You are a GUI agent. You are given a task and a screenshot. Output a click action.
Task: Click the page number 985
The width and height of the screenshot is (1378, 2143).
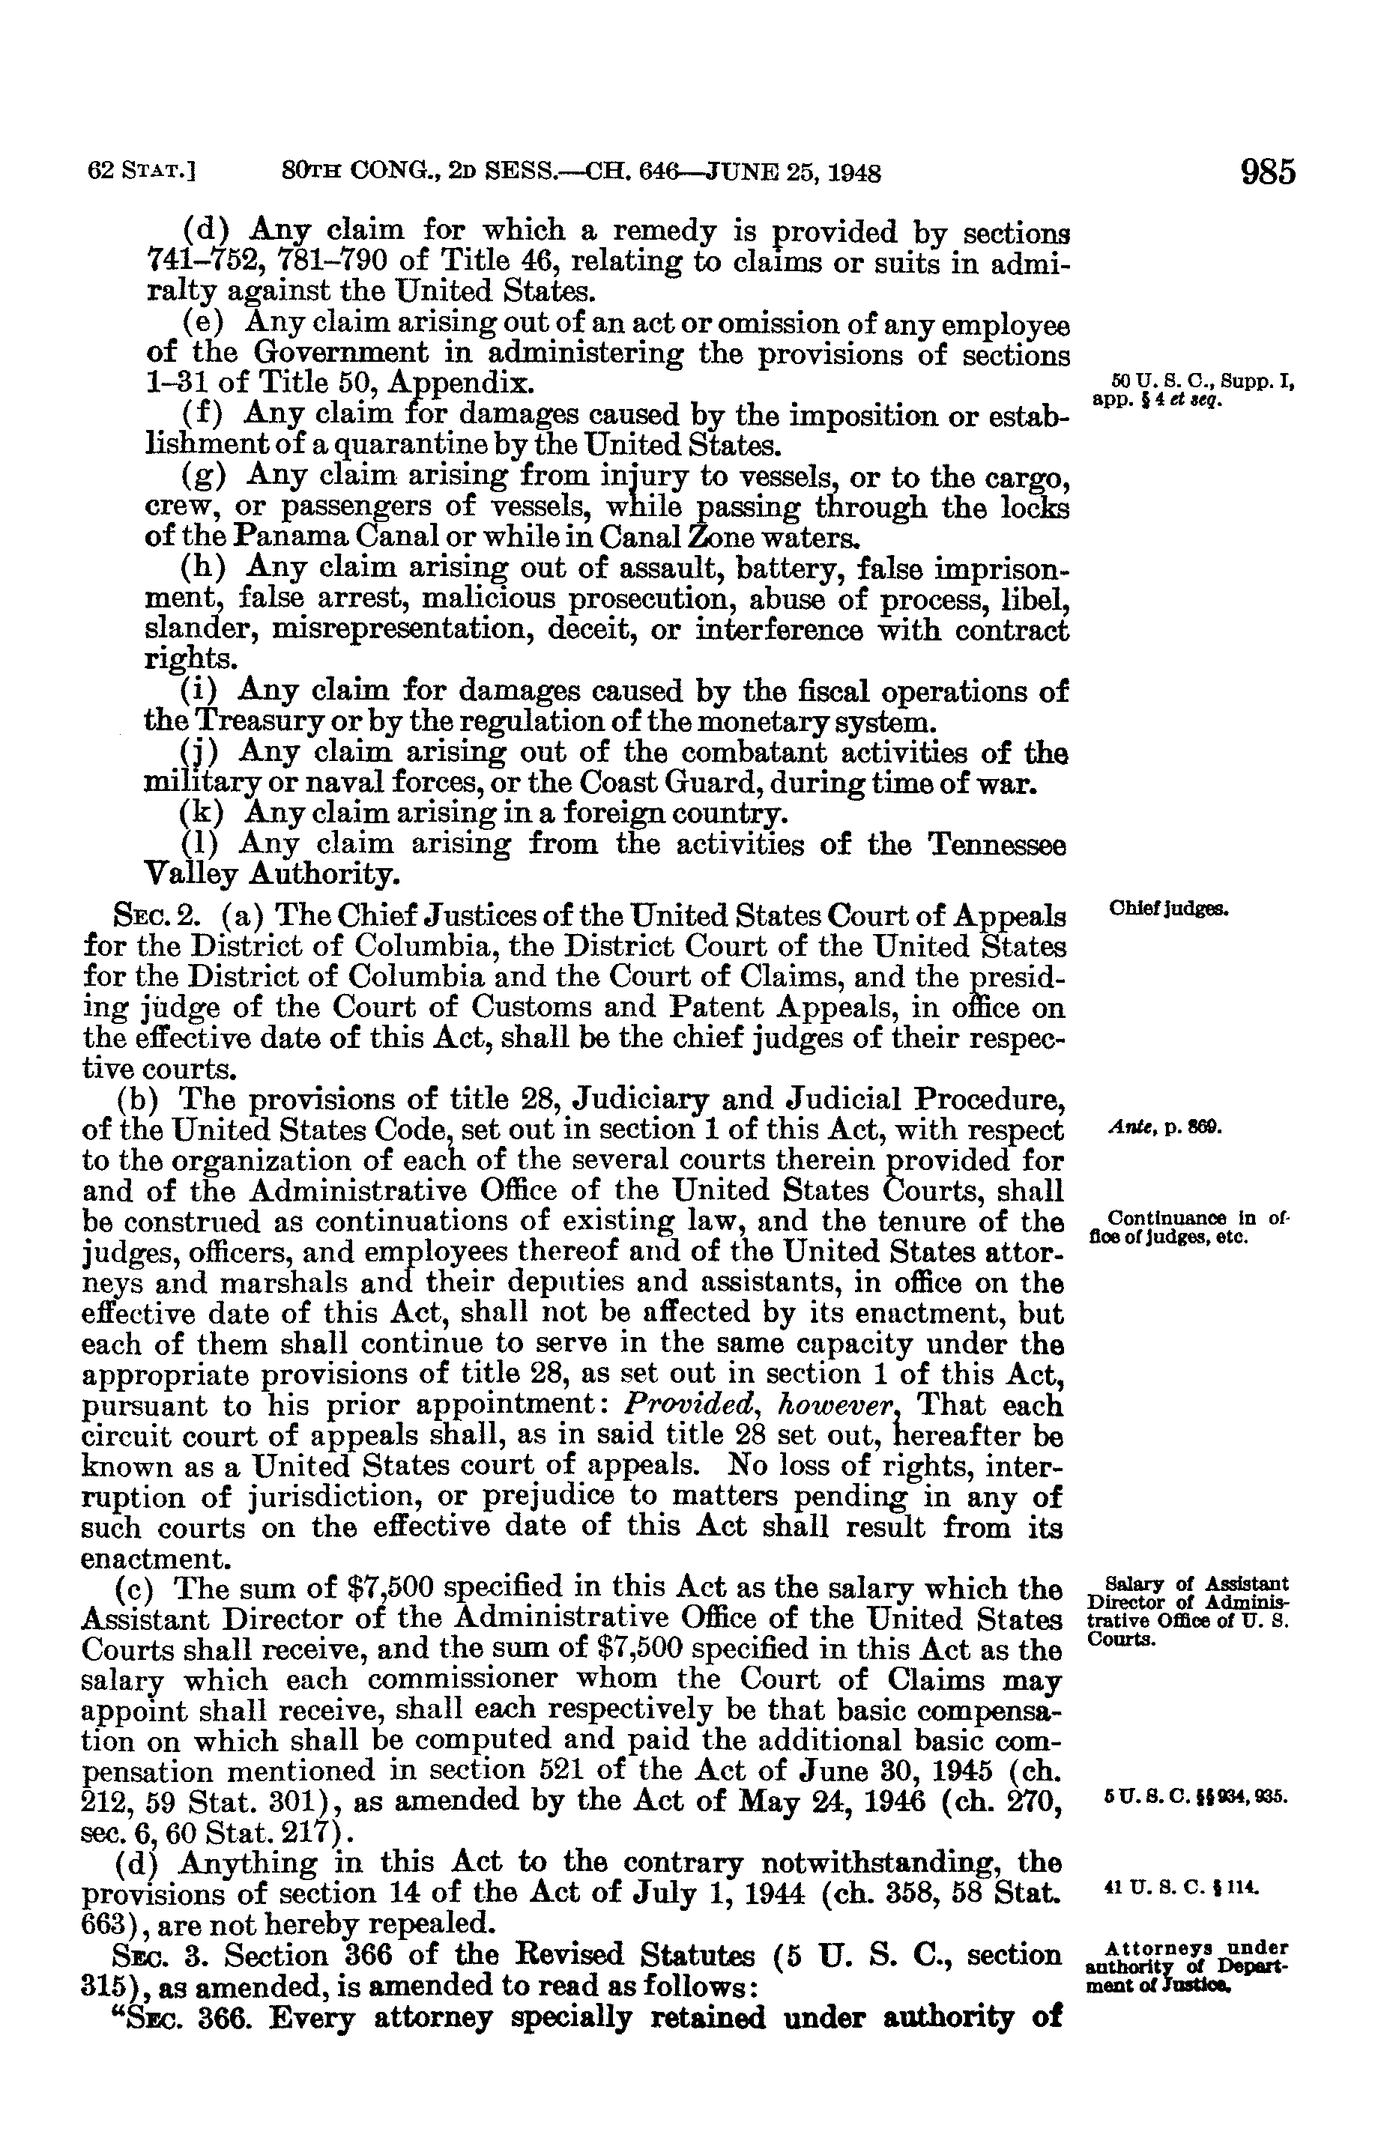(x=1268, y=171)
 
